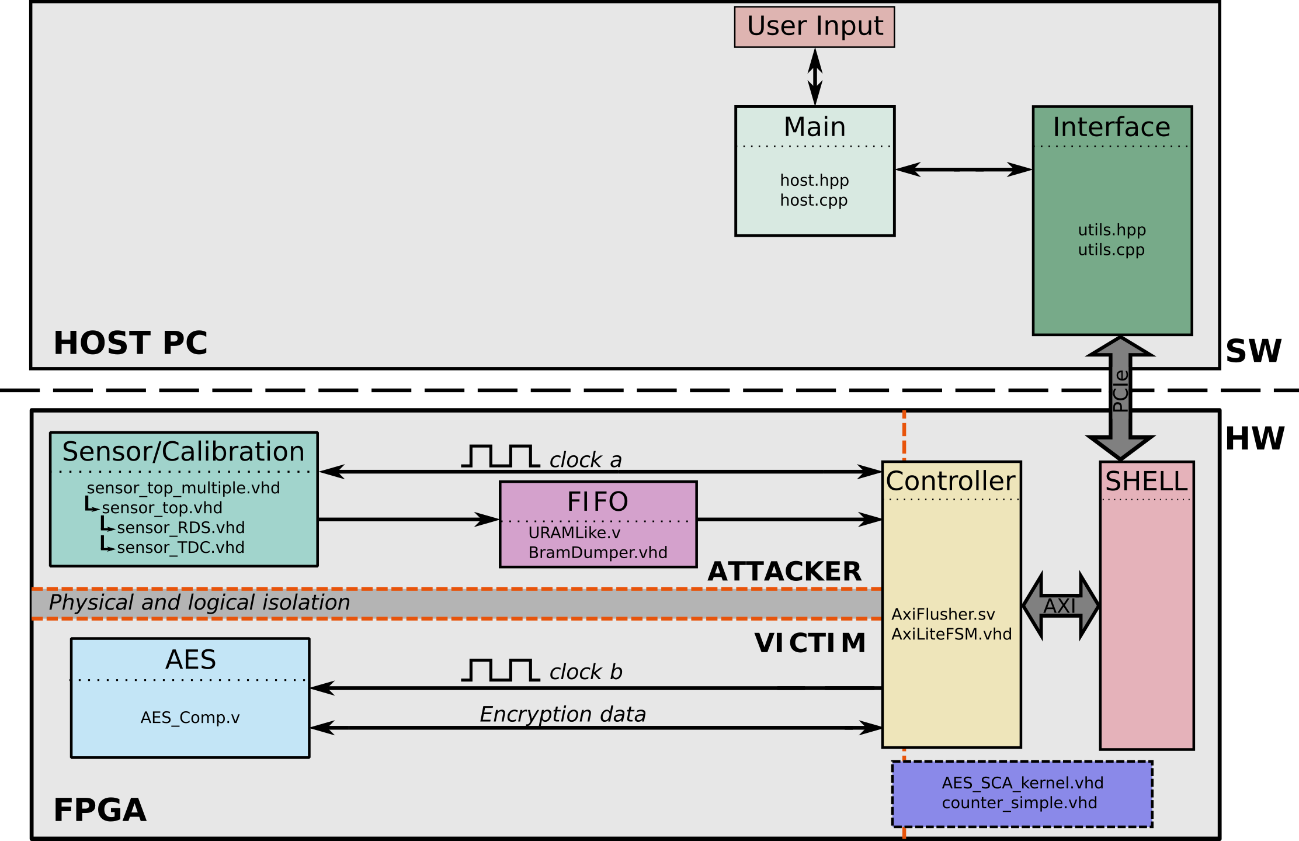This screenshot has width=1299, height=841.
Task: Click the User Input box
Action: (814, 27)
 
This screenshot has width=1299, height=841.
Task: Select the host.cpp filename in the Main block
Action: (814, 200)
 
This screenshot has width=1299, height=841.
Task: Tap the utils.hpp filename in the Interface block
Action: (1112, 230)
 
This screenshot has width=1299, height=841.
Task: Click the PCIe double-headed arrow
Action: (1120, 397)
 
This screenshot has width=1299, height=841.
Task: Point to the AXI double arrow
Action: (1061, 605)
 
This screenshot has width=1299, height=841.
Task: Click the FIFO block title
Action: (598, 501)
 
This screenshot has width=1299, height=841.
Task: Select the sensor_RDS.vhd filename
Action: (180, 528)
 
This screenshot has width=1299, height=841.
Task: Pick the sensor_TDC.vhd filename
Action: (180, 548)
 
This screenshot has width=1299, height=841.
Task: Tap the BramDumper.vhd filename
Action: (598, 553)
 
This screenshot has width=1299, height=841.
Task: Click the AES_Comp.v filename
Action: (190, 718)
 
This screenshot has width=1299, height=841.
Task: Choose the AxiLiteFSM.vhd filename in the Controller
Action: (951, 635)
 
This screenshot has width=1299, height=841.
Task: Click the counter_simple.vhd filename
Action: (1019, 803)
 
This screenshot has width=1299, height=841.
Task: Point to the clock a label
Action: (585, 460)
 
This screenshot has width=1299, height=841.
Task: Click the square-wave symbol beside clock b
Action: (500, 670)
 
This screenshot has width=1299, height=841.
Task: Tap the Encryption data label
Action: (562, 714)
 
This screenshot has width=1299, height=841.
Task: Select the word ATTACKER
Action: (784, 571)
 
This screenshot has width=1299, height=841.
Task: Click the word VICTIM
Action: (810, 643)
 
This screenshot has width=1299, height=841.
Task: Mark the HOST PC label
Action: (130, 342)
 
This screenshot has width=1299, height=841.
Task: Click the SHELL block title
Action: (1147, 481)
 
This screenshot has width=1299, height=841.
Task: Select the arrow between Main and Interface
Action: (964, 169)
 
